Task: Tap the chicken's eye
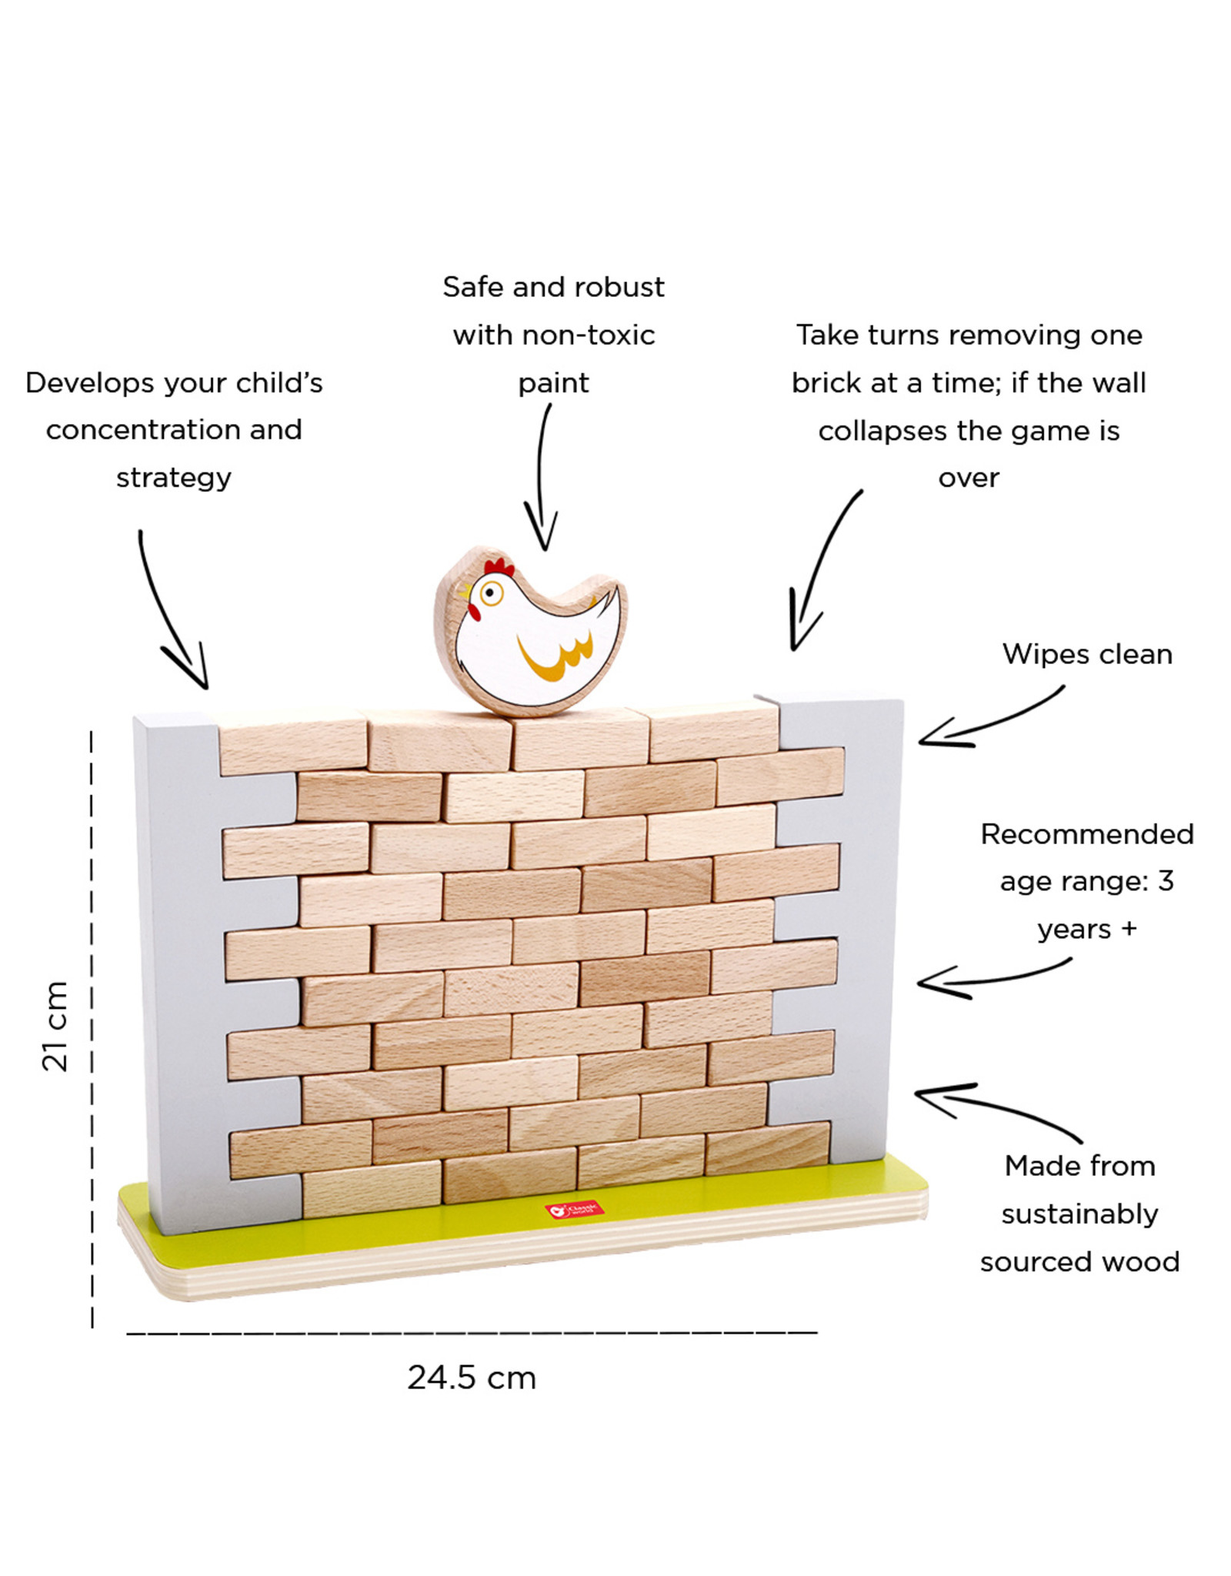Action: click(x=490, y=593)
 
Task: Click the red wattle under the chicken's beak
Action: click(x=474, y=613)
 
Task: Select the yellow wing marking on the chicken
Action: click(x=555, y=658)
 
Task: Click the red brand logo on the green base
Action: click(x=574, y=1210)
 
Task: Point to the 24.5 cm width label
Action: click(x=471, y=1377)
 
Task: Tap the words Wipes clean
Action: click(x=1086, y=654)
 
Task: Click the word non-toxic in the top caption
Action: click(x=588, y=336)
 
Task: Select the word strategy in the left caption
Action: click(x=173, y=478)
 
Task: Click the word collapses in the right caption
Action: click(x=883, y=431)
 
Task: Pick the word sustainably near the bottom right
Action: click(x=1079, y=1214)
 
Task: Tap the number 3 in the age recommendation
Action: click(x=1166, y=881)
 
